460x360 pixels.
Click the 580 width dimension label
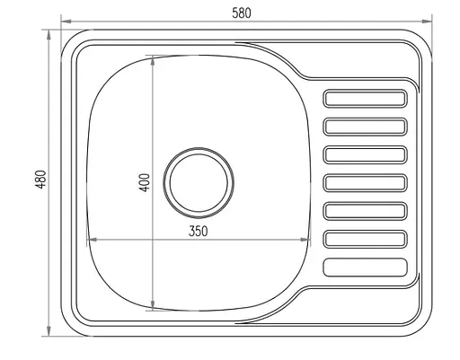(242, 13)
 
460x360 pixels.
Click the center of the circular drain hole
(198, 180)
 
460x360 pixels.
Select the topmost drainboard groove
(366, 99)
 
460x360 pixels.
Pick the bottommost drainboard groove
(366, 267)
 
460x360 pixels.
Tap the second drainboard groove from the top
(366, 127)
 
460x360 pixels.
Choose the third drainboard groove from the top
(366, 154)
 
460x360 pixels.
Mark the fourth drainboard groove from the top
(366, 183)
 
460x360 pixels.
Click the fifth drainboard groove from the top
(366, 211)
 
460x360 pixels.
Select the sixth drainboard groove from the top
(366, 239)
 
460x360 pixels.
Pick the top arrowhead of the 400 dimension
(154, 57)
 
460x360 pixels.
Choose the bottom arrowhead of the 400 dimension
(154, 309)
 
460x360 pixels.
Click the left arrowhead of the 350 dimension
(87, 240)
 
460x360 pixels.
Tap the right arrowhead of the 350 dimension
(310, 240)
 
